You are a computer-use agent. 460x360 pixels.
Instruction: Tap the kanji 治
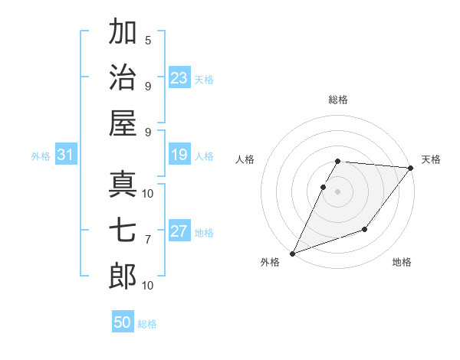[x=123, y=77]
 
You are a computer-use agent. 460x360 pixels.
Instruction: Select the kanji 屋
[x=123, y=123]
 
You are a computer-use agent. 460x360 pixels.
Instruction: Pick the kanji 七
[x=123, y=231]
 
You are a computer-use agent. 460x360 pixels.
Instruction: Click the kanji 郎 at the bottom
[x=123, y=277]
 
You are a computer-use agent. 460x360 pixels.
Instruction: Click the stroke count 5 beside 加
[x=148, y=40]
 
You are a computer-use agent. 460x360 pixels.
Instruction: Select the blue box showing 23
[x=179, y=78]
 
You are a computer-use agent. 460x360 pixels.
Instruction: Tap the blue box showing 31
[x=66, y=155]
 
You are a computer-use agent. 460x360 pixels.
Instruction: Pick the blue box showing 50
[x=123, y=322]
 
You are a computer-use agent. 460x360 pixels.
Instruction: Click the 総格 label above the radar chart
[x=338, y=100]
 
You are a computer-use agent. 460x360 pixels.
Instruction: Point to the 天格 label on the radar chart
[x=431, y=159]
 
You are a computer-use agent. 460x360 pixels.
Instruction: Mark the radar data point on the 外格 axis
[x=292, y=254]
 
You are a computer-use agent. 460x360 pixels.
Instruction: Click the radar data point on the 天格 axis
[x=411, y=169]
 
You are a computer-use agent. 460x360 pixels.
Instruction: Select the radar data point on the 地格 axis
[x=365, y=229]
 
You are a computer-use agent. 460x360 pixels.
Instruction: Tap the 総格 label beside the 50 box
[x=147, y=324]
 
